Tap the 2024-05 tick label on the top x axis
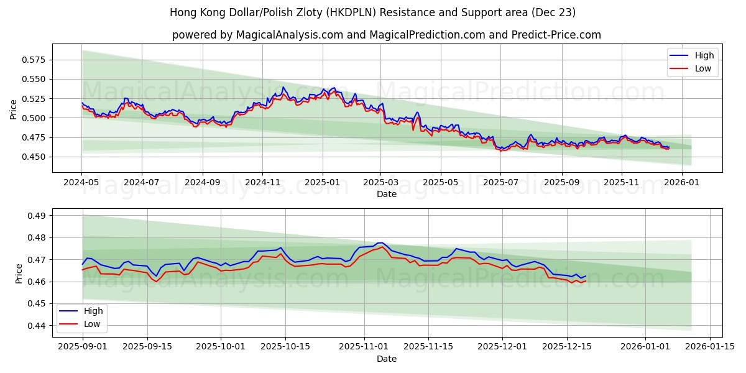81,183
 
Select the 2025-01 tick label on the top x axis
322,183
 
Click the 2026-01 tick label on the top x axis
682,183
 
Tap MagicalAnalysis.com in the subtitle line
289,35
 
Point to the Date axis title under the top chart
387,194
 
